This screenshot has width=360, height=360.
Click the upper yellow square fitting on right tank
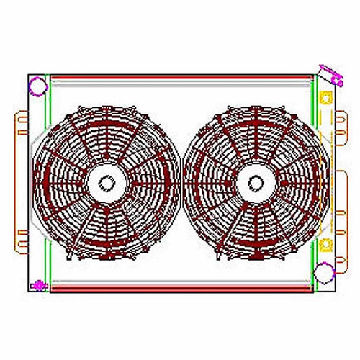(x=325, y=97)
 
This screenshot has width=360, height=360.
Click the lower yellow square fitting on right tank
(x=325, y=243)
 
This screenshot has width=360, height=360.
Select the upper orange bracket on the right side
(x=337, y=130)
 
